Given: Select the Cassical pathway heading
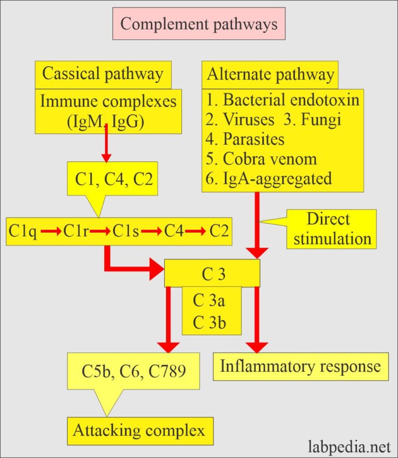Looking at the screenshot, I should point(102,74).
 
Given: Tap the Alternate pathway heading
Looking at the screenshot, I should point(270,74).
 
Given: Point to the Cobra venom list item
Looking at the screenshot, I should point(268,159).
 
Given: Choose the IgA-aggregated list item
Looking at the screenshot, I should point(276,179).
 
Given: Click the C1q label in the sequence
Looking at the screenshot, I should point(23,231).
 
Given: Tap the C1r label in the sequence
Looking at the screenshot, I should point(76,231).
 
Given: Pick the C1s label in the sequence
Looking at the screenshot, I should point(126,231).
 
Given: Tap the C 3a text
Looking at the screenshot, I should point(211,301).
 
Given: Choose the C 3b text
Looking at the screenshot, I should point(211,322).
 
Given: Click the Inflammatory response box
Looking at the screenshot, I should point(301,367).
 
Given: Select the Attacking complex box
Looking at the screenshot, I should point(139,430).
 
